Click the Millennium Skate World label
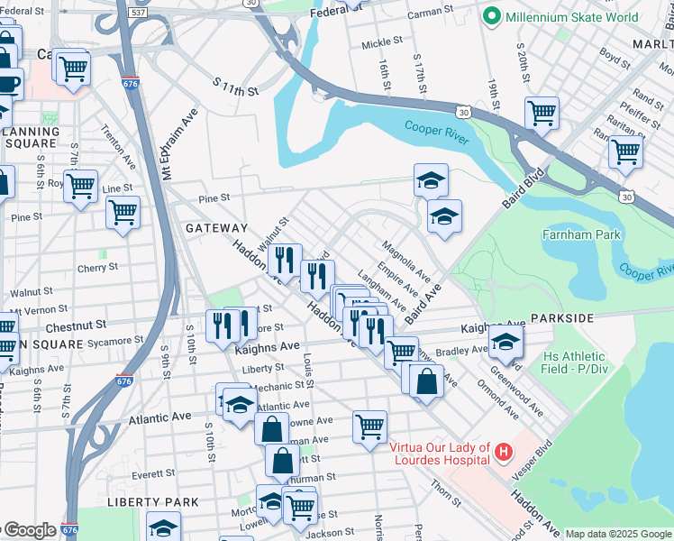[x=573, y=16]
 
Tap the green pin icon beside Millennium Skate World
[x=492, y=16]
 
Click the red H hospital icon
[x=503, y=449]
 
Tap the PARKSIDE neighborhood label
[x=562, y=318]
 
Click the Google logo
[x=29, y=530]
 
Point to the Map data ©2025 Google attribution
[x=618, y=534]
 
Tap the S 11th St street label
[x=236, y=91]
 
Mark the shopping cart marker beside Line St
[x=80, y=187]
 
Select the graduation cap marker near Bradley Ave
[x=505, y=344]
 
